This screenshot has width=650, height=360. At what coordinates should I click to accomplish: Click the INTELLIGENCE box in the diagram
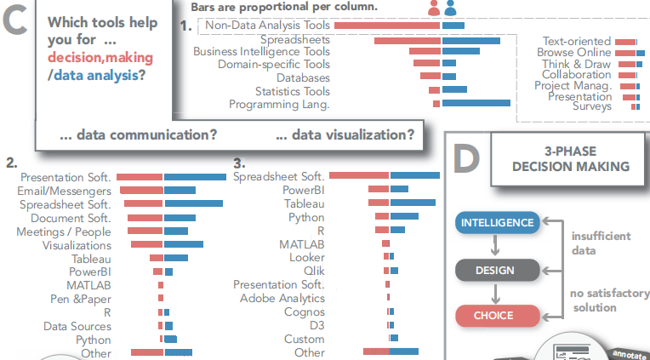click(x=498, y=223)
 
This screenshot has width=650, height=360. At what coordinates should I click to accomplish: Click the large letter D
click(x=467, y=158)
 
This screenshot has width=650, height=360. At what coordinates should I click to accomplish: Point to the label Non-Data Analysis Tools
click(x=267, y=26)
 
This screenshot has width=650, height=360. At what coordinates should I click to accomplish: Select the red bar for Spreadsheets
click(x=407, y=40)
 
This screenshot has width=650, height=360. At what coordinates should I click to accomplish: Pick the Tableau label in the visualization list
click(x=304, y=203)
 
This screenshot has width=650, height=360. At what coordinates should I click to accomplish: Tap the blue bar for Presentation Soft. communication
click(x=195, y=177)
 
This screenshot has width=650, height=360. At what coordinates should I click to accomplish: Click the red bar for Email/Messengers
click(x=140, y=191)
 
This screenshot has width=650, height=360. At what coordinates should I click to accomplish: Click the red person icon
click(x=435, y=9)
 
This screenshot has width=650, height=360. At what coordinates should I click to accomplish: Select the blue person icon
click(x=450, y=9)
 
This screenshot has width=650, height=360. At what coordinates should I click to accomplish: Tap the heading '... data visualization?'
click(x=345, y=134)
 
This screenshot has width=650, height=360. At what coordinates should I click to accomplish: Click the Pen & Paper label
click(x=81, y=299)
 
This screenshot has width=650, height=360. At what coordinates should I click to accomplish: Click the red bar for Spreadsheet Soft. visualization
click(x=359, y=175)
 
